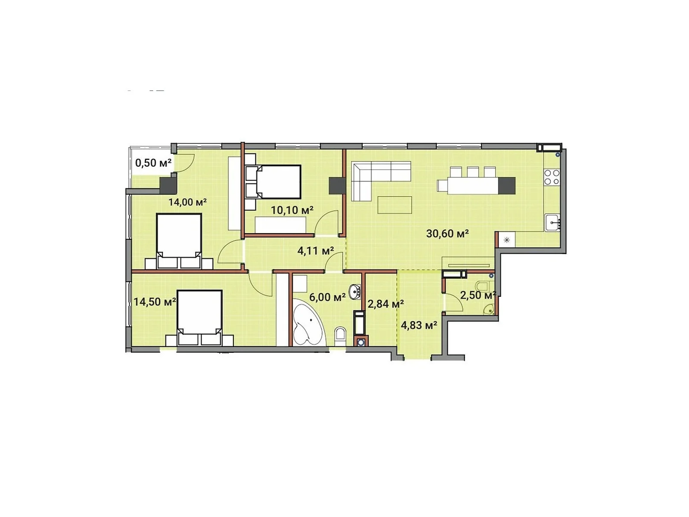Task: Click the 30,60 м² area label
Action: [447, 234]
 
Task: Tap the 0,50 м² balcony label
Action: [153, 163]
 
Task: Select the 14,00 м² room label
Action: [187, 202]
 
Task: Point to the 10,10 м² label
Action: [292, 210]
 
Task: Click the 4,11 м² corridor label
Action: [316, 250]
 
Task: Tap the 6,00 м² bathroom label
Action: [327, 297]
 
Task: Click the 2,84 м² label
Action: [385, 304]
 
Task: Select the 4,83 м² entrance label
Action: [419, 325]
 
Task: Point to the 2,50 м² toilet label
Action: [478, 295]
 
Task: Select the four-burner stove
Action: [552, 177]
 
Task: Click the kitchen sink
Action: [552, 222]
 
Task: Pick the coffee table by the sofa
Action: [394, 205]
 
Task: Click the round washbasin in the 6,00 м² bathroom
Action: [354, 292]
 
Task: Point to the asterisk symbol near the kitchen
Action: [507, 240]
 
